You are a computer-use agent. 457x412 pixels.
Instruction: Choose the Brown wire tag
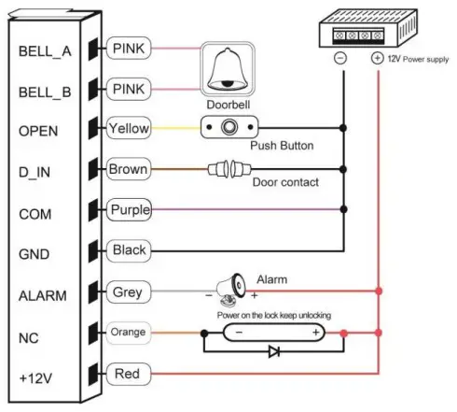pos(127,169)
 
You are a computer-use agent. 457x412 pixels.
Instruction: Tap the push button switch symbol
pos(226,128)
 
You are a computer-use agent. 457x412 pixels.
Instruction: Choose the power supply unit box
pos(358,29)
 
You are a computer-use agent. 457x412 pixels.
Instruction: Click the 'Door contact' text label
pos(286,182)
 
